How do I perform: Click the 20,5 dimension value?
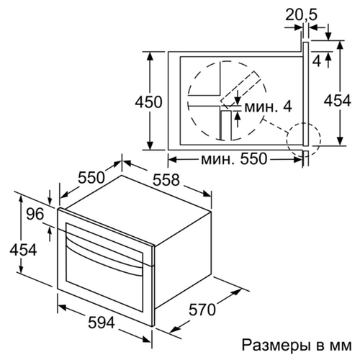click(x=302, y=15)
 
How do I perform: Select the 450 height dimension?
click(x=149, y=102)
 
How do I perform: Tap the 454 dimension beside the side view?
click(x=338, y=101)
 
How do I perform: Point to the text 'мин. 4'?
click(x=268, y=107)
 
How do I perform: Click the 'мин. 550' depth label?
click(x=234, y=158)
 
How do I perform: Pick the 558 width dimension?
click(x=166, y=180)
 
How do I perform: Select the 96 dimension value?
click(x=35, y=214)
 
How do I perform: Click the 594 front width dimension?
click(x=102, y=323)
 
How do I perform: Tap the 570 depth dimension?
click(x=202, y=310)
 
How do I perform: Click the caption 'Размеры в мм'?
click(x=297, y=345)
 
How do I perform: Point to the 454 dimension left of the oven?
click(x=23, y=250)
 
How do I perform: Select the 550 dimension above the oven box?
click(x=91, y=178)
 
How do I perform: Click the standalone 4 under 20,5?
click(x=317, y=61)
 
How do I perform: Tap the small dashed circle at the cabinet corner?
click(x=320, y=139)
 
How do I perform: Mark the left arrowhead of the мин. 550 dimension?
click(x=172, y=159)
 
